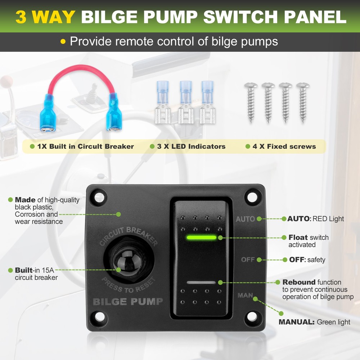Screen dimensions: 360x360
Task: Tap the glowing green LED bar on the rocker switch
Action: pyautogui.click(x=201, y=237)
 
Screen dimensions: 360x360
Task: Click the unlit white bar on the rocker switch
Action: pyautogui.click(x=201, y=282)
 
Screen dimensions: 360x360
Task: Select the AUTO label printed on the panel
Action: pyautogui.click(x=245, y=219)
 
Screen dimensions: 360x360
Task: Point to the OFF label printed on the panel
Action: pyautogui.click(x=248, y=260)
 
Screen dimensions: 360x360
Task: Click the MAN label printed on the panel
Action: pyautogui.click(x=245, y=295)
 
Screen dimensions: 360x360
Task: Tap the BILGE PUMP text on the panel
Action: pyautogui.click(x=128, y=302)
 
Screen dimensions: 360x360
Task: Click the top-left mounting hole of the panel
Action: pyautogui.click(x=99, y=197)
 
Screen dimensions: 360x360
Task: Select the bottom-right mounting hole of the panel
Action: pyautogui.click(x=252, y=317)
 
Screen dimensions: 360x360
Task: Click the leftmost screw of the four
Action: pyautogui.click(x=251, y=102)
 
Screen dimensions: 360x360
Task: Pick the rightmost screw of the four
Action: pyautogui.click(x=303, y=102)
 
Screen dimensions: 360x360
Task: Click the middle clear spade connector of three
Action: pyautogui.click(x=186, y=102)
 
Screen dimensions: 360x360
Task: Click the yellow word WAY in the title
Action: pyautogui.click(x=54, y=17)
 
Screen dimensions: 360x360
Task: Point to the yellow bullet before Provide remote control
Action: pyautogui.click(x=63, y=41)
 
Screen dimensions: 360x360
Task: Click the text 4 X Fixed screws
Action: pyautogui.click(x=284, y=147)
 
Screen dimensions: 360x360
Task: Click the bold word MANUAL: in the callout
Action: pyautogui.click(x=296, y=322)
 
